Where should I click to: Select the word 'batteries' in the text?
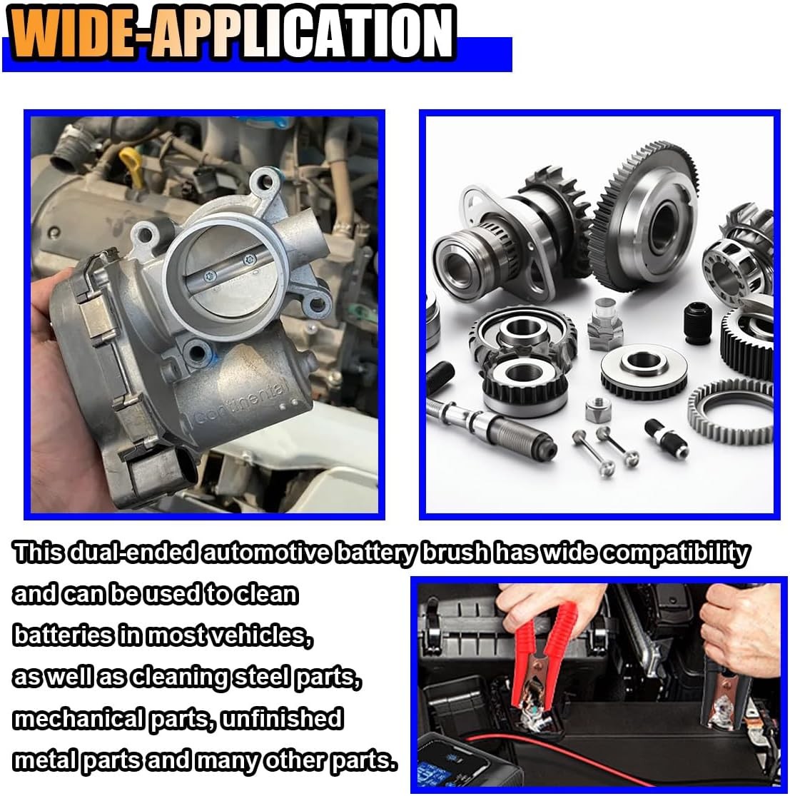(x=63, y=635)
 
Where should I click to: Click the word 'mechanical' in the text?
(x=79, y=720)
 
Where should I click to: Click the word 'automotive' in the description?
(x=266, y=553)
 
